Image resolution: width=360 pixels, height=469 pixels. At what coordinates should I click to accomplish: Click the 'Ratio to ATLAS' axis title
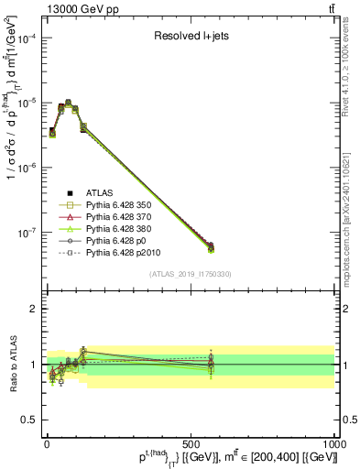12,364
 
